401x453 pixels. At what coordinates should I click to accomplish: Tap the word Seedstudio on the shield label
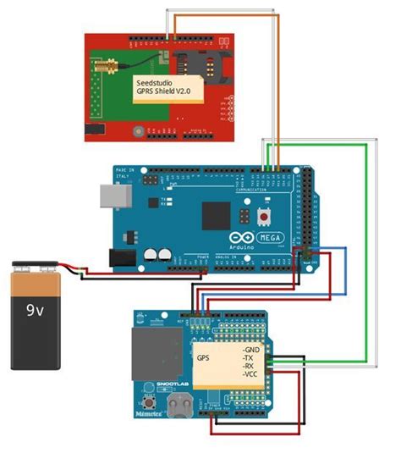coord(156,82)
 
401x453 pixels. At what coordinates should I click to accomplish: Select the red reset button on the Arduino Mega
coord(264,218)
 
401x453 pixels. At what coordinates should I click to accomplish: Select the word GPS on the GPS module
coord(204,358)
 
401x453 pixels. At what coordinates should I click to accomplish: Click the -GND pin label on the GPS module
coord(253,349)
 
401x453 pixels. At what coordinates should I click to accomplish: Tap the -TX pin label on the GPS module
coord(250,359)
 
